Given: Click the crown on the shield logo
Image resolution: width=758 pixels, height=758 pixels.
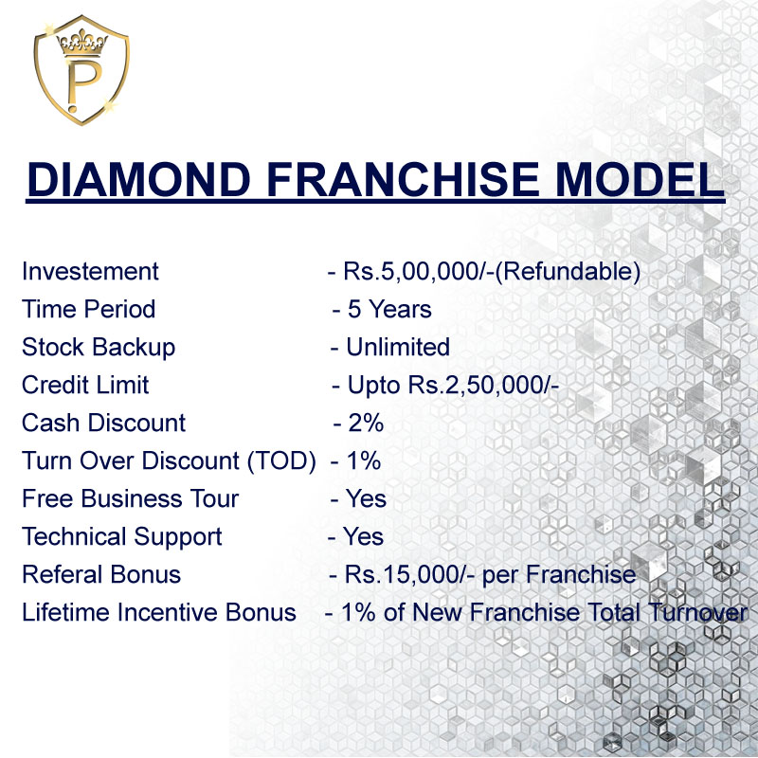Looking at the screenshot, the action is (82, 43).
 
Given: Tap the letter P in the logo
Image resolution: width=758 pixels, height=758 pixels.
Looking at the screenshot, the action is (81, 83).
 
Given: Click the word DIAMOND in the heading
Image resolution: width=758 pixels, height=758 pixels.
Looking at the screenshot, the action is (139, 179).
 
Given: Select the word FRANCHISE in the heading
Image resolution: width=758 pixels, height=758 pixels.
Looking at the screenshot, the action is (403, 179).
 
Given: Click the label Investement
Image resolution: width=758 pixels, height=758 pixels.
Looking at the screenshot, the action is (90, 271).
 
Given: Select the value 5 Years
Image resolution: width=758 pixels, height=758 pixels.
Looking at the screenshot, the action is (389, 309).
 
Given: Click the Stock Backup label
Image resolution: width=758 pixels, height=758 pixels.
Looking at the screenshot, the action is (99, 348).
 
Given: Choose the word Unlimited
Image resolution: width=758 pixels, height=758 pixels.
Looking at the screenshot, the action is (398, 347).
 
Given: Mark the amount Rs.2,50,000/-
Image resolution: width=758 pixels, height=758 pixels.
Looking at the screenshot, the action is (483, 386).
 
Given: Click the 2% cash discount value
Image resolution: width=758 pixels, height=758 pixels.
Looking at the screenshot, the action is (366, 423).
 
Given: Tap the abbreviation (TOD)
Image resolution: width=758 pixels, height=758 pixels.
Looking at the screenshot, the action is (281, 460).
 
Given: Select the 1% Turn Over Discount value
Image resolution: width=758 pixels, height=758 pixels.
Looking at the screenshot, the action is (364, 460).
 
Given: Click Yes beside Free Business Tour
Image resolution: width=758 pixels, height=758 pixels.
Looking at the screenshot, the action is (366, 498).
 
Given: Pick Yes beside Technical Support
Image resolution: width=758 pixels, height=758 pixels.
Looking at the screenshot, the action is (363, 536).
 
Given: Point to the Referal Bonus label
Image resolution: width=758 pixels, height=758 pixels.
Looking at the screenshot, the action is (101, 574).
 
